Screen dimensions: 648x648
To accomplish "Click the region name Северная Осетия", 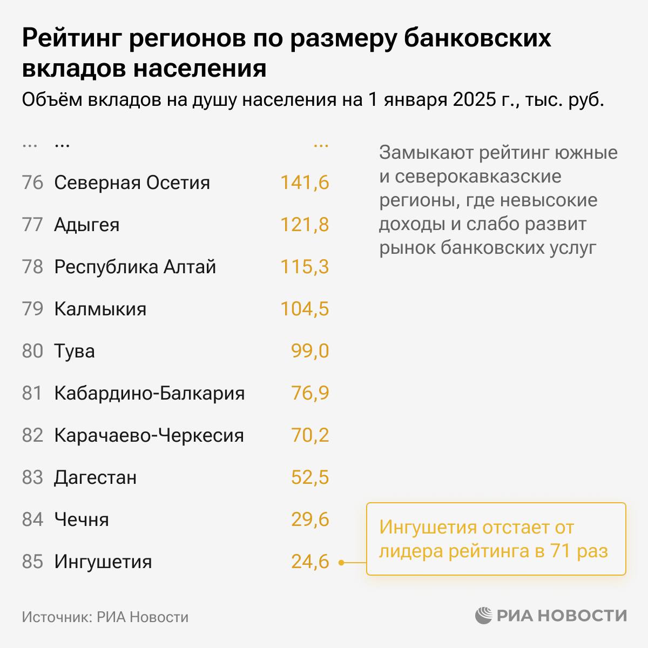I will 132,183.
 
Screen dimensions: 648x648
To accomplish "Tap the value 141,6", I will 305,183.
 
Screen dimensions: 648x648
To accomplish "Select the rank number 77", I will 32,225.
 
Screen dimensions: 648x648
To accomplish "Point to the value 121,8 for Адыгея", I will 305,225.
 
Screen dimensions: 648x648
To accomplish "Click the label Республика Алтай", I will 135,267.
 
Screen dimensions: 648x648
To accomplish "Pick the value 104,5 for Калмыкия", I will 305,309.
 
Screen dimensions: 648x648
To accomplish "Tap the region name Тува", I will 75,351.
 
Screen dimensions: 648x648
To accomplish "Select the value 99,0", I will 310,351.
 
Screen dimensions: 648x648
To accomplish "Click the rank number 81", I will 32,393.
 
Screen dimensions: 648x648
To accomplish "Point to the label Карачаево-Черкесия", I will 149,435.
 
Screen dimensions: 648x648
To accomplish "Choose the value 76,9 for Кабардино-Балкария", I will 310,393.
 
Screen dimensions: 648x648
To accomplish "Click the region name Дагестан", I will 95,477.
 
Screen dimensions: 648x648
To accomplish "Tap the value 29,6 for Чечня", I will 310,519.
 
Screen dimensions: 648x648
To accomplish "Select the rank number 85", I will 32,562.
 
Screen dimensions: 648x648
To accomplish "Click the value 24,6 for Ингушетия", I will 310,562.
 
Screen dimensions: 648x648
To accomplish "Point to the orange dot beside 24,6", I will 341,563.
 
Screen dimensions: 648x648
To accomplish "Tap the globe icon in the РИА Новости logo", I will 484,615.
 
